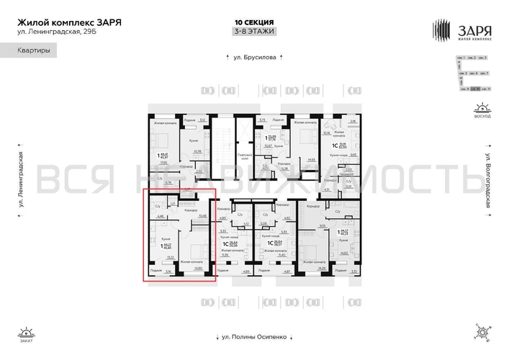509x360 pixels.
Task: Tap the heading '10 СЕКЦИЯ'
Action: click(254, 22)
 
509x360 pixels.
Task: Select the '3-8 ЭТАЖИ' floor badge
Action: click(254, 32)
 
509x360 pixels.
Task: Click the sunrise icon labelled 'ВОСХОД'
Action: click(480, 109)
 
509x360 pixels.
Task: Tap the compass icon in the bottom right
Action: click(480, 333)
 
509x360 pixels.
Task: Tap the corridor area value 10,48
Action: click(202, 215)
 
